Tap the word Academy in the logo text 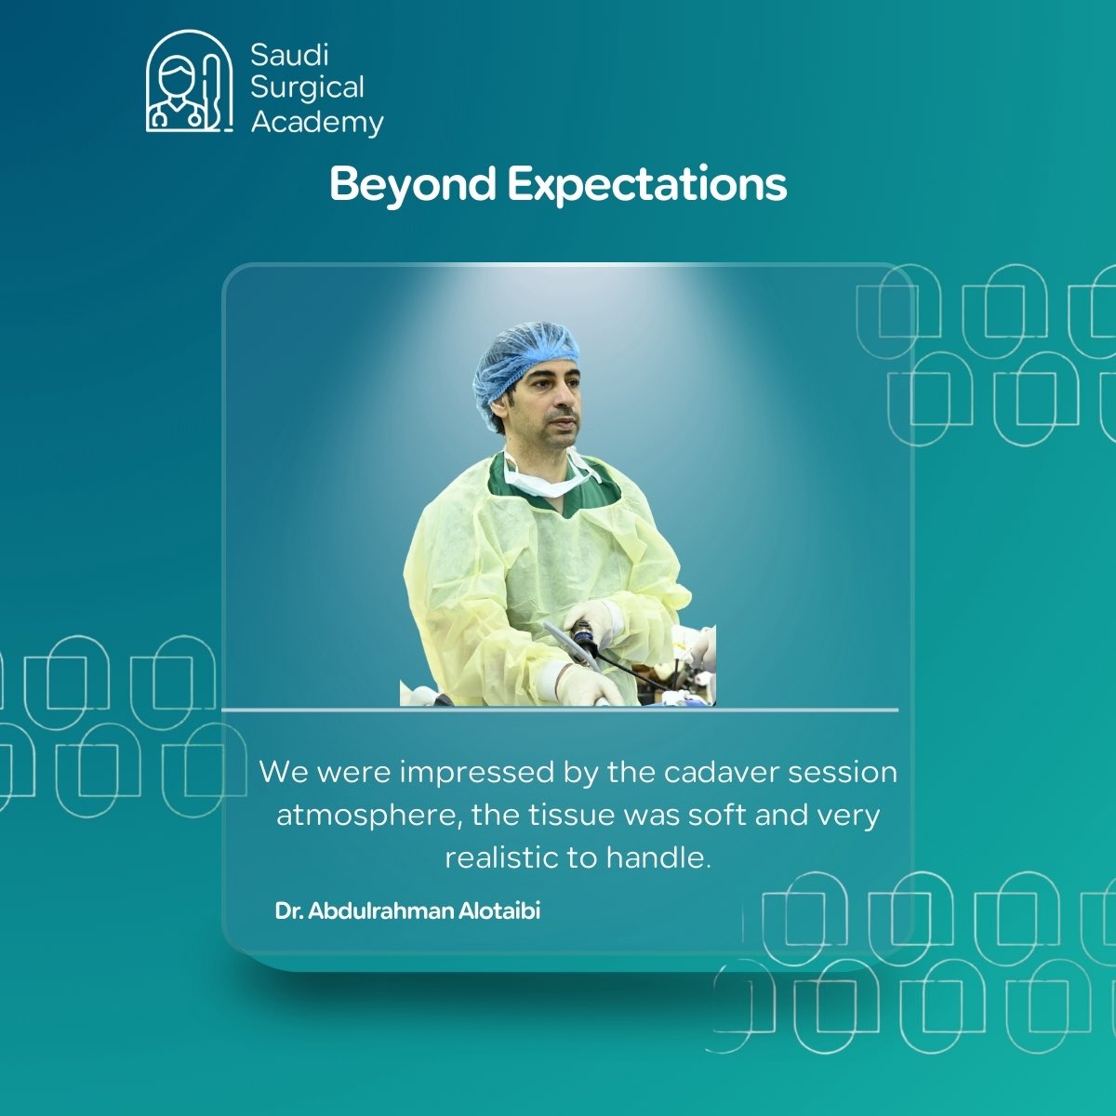pyautogui.click(x=316, y=122)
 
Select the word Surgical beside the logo pyautogui.click(x=307, y=87)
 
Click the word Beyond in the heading pyautogui.click(x=412, y=184)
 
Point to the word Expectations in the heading pyautogui.click(x=647, y=184)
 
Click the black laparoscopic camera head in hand pyautogui.click(x=585, y=638)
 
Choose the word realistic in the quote pyautogui.click(x=501, y=857)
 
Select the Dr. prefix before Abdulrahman pyautogui.click(x=288, y=910)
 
